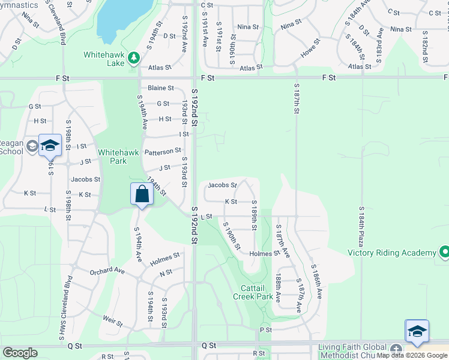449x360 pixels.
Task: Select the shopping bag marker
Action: [x=141, y=194]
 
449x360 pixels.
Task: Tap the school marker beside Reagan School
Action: [x=50, y=145]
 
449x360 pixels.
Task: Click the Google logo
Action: [x=20, y=353]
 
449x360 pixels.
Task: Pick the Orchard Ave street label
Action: [x=107, y=271]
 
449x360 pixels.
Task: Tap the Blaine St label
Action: [x=160, y=88]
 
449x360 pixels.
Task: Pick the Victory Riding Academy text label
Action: [x=391, y=253]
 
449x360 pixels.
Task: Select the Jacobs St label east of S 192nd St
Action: [x=222, y=185]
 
